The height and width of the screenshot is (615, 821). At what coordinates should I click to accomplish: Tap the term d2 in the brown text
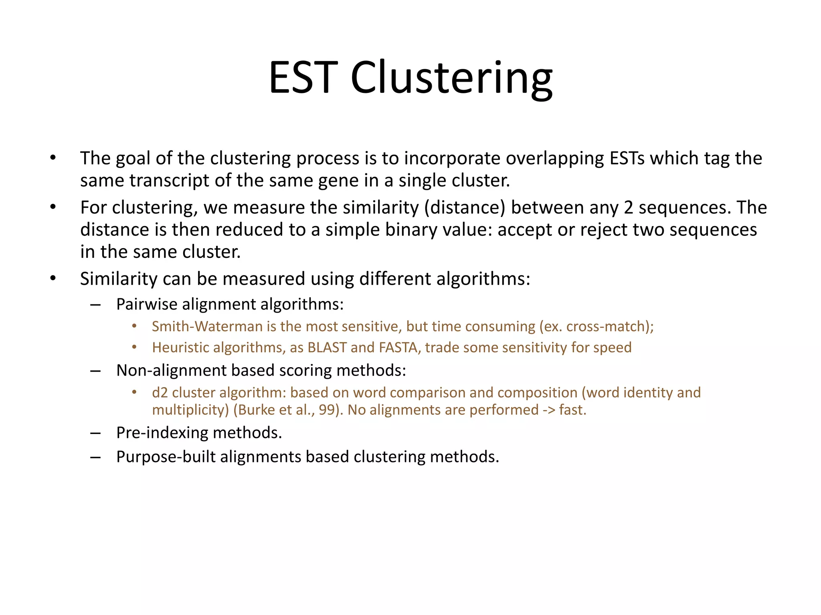tap(160, 392)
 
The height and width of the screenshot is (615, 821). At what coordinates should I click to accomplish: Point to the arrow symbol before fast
tap(545, 410)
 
